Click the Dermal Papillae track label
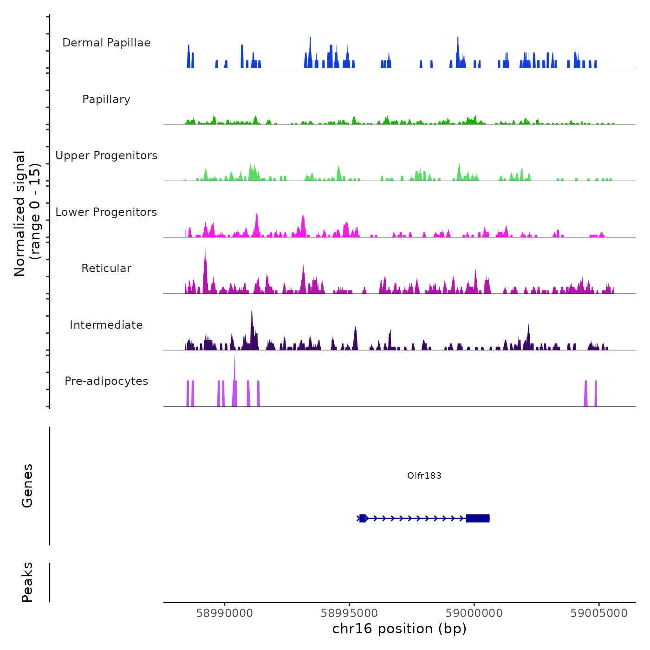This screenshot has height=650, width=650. pos(106,43)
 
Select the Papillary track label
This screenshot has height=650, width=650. pos(106,99)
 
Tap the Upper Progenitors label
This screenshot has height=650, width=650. pos(106,156)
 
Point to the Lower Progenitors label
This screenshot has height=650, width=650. pos(106,212)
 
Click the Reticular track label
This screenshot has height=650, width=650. pos(106,268)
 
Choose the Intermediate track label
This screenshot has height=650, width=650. pos(106,325)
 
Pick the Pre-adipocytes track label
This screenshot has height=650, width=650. pos(106,381)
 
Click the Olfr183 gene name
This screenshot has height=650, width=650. pos(424,475)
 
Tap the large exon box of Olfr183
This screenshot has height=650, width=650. pos(478,518)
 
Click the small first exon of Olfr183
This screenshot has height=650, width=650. pos(363,518)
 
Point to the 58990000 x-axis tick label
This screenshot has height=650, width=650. pos(225,613)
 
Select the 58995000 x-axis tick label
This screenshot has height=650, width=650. pos(350,613)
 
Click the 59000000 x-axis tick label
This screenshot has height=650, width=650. pos(474,613)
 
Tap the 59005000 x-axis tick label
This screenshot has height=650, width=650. pos(599,613)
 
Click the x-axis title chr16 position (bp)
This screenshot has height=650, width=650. pos(399,629)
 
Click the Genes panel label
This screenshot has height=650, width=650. pos(27,486)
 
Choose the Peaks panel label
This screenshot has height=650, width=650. pos(27,582)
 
